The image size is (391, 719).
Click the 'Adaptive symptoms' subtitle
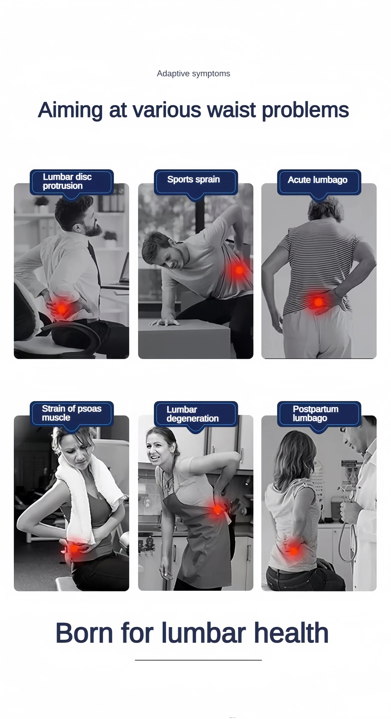click(193, 73)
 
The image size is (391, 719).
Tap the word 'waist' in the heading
click(231, 110)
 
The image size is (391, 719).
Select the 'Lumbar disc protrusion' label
click(67, 181)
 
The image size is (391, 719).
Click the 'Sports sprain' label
click(193, 179)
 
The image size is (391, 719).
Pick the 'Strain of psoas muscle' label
click(72, 413)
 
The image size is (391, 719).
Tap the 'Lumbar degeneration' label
click(192, 414)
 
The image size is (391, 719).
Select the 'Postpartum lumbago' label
click(315, 413)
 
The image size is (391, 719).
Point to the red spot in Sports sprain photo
click(239, 270)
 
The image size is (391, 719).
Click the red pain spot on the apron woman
click(217, 509)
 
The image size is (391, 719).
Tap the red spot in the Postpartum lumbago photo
click(293, 551)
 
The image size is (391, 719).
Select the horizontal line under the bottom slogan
click(198, 660)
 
